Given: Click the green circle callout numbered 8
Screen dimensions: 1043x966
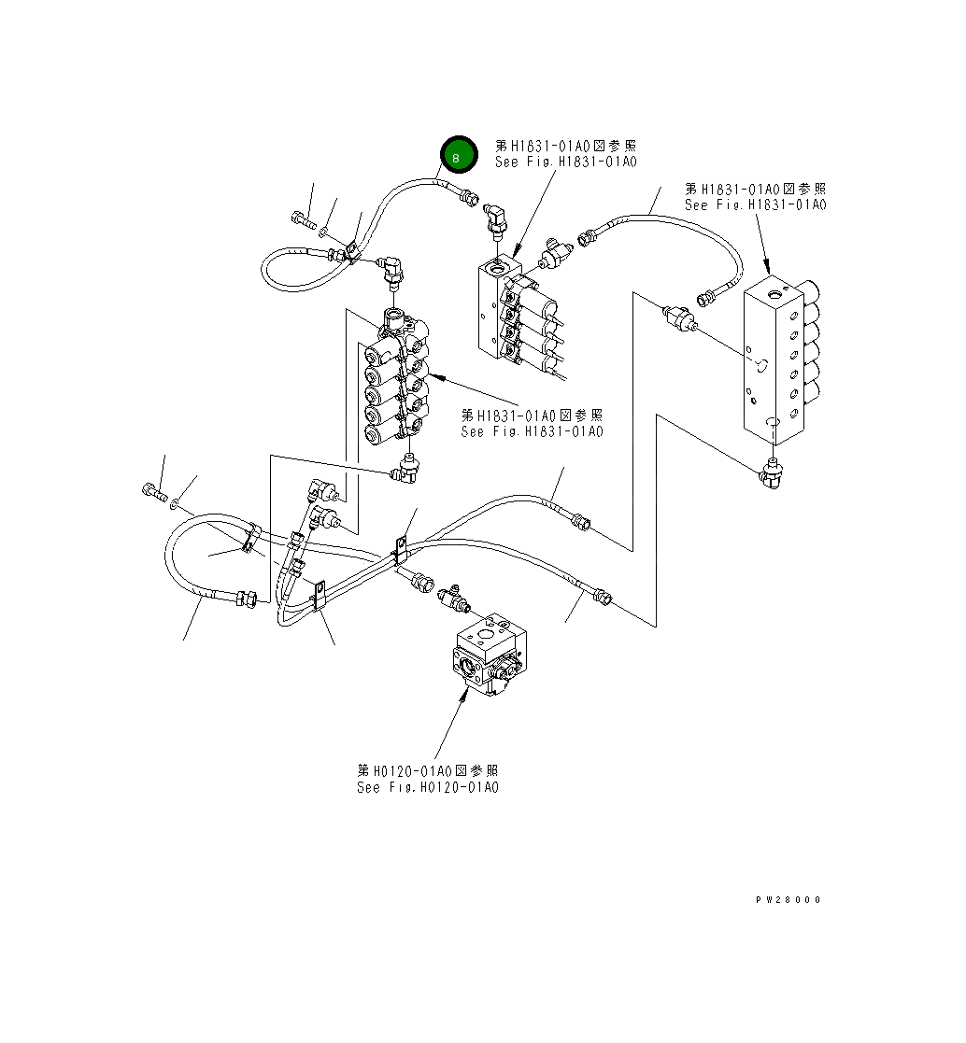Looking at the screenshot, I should click(456, 156).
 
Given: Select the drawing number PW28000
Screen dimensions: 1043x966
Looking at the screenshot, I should click(788, 899).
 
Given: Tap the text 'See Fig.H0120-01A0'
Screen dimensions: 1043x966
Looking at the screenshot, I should click(428, 787).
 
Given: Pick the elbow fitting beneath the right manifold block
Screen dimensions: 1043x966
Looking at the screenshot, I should click(771, 476).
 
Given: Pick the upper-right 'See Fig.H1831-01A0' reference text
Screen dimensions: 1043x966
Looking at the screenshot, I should click(755, 204).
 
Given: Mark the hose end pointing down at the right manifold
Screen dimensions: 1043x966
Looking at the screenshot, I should click(708, 297).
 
